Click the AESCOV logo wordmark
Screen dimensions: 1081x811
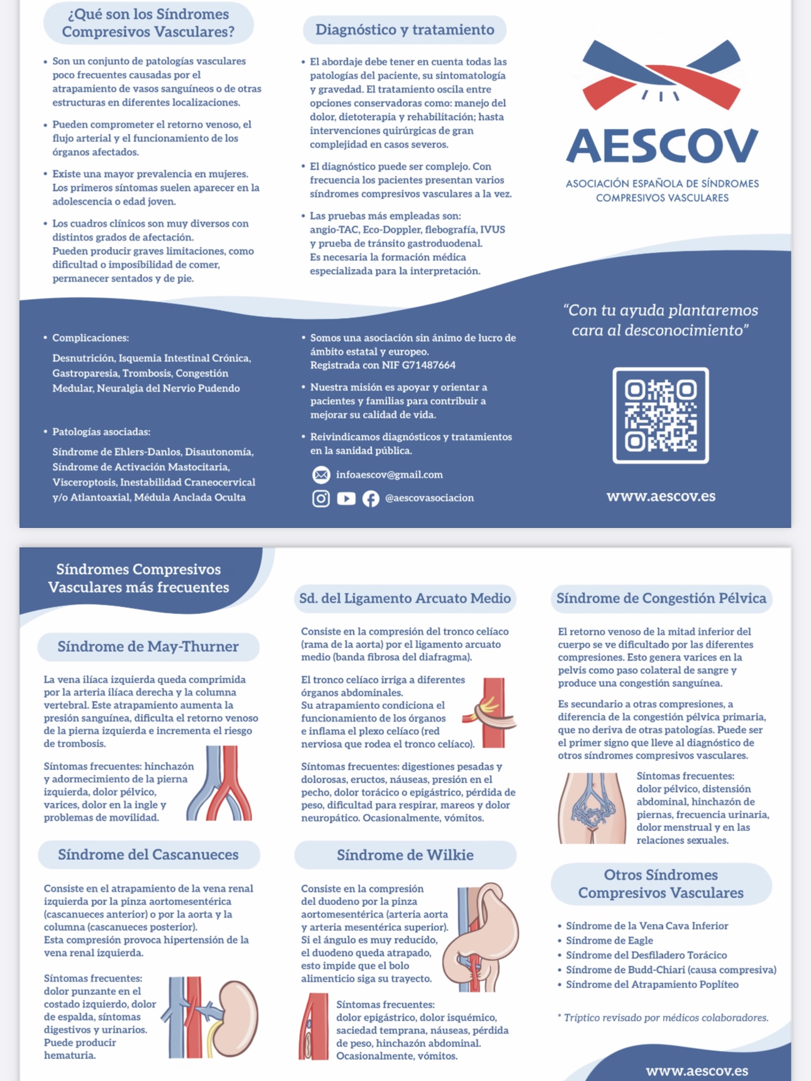662,146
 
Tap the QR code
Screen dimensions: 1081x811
661,415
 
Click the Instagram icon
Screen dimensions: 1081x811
321,498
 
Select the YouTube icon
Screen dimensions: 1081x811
346,498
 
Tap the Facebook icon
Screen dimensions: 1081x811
371,498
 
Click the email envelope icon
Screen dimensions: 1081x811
321,475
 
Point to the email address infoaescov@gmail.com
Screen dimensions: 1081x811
389,475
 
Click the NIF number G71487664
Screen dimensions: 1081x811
421,365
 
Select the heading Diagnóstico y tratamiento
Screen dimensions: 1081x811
404,30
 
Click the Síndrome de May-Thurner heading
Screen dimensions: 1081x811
148,647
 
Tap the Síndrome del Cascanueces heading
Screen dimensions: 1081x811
148,855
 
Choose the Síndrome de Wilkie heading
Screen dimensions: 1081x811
405,855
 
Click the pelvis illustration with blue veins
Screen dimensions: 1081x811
592,808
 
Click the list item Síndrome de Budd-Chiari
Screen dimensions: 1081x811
671,970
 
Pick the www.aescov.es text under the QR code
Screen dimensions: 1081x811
661,497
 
